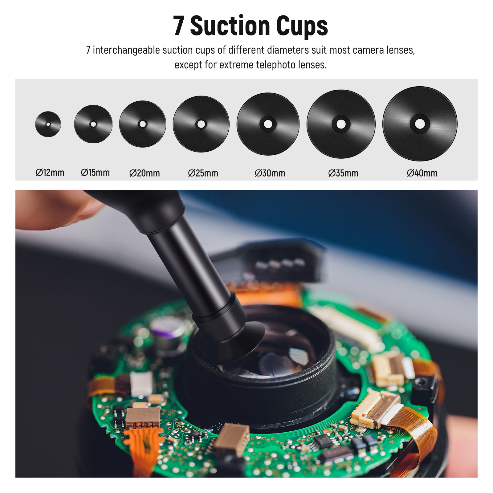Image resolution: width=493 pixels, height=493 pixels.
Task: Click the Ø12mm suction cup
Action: pos(48,124)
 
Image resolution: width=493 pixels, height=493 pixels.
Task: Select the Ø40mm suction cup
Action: pos(420,124)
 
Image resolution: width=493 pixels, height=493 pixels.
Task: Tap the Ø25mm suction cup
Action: pos(201,124)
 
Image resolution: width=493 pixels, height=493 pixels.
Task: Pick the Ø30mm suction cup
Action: pos(268,124)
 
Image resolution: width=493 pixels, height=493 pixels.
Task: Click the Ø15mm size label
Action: pos(95,173)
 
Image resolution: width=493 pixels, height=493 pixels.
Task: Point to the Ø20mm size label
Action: pos(145,173)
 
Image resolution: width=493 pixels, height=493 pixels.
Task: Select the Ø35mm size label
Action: pos(343,173)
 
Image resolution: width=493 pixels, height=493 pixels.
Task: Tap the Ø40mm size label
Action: pos(422,173)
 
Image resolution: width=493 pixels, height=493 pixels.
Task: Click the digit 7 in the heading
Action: pos(179,26)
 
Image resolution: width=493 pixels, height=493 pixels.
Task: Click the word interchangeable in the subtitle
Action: pos(126,50)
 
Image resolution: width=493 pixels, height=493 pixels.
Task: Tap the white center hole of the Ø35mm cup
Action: pos(341,124)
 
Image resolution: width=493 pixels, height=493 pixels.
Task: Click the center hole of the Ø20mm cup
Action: pos(142,124)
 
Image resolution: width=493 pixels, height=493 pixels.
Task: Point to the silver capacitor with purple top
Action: pos(168,330)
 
